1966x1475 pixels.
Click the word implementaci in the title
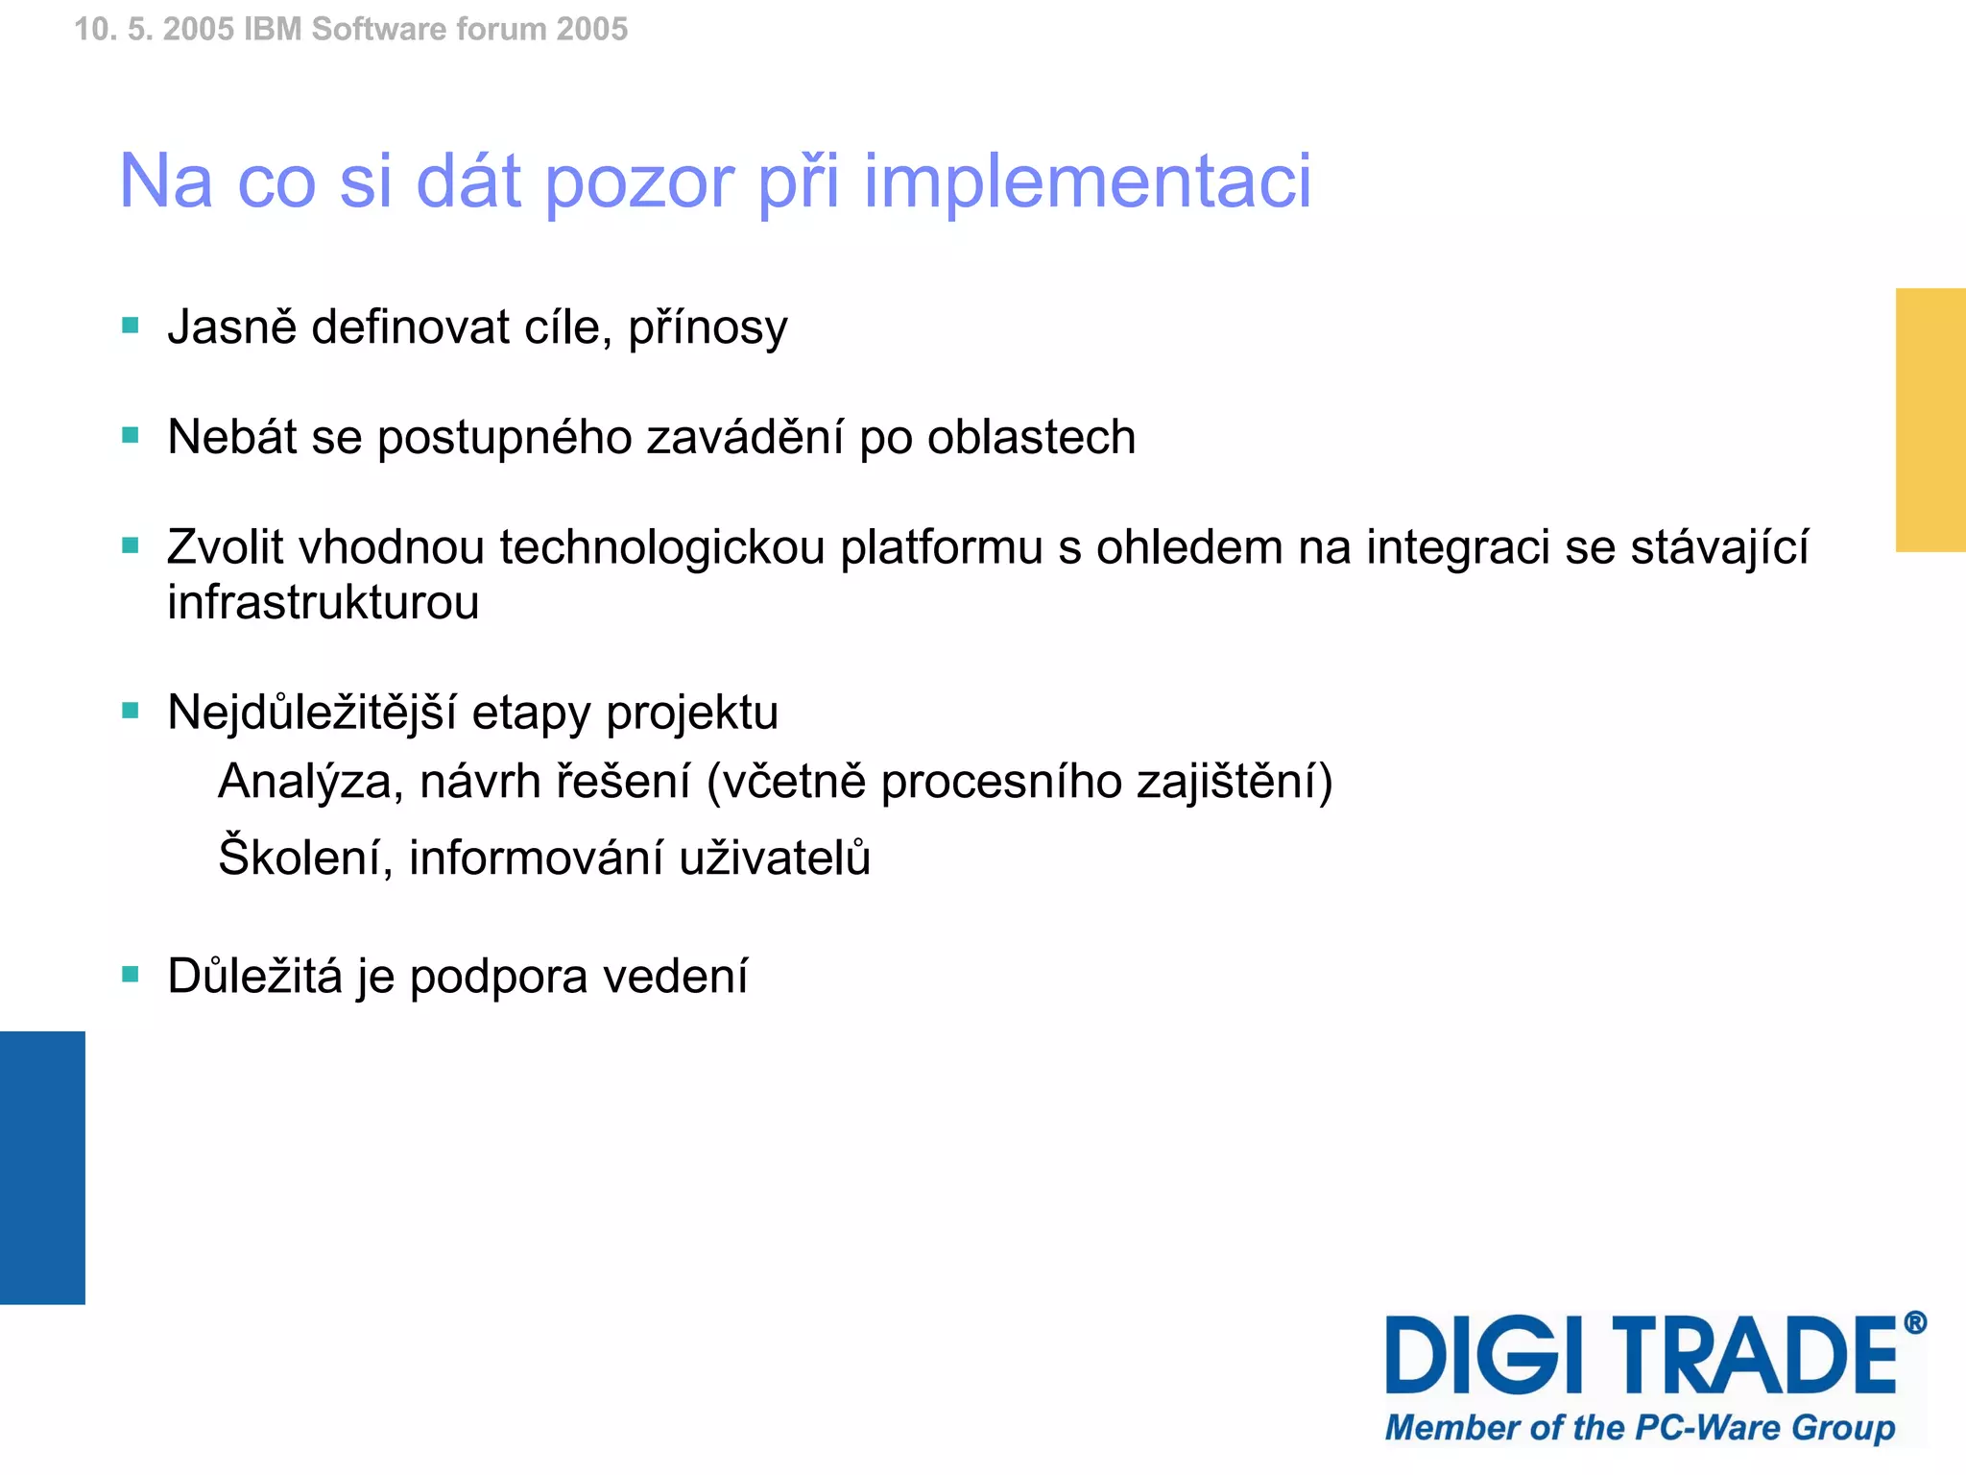(1087, 181)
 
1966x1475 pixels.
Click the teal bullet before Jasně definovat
(131, 326)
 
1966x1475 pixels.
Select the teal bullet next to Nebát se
(131, 436)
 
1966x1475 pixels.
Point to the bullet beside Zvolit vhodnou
(131, 545)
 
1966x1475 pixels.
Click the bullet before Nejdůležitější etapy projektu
(131, 711)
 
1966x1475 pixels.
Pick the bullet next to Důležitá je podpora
(131, 975)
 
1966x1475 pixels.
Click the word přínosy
(707, 328)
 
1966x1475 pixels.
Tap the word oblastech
(1031, 437)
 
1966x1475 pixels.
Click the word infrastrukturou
(323, 603)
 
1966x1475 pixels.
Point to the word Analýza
(310, 782)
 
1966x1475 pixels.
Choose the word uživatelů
(775, 858)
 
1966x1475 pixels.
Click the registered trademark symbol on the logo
(1915, 1323)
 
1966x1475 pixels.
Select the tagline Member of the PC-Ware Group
(1640, 1428)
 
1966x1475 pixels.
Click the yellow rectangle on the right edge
(1930, 420)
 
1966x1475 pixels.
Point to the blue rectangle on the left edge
(42, 1168)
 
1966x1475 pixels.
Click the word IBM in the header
(273, 30)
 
